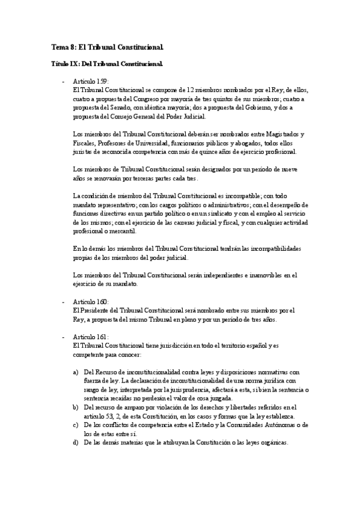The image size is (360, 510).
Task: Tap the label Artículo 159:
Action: click(x=91, y=81)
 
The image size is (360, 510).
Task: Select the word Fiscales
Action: click(x=83, y=143)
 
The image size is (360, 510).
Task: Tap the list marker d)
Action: click(x=75, y=443)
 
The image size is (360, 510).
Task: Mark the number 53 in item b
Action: click(x=109, y=417)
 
